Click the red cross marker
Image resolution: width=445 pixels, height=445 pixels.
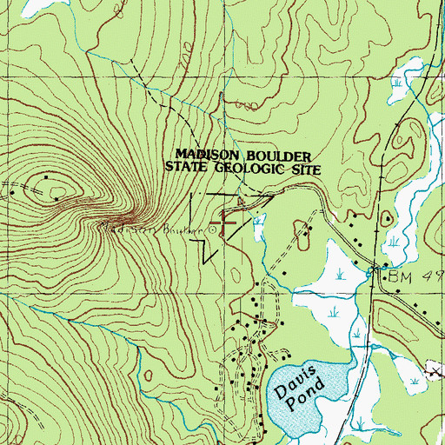[x=229, y=222]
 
